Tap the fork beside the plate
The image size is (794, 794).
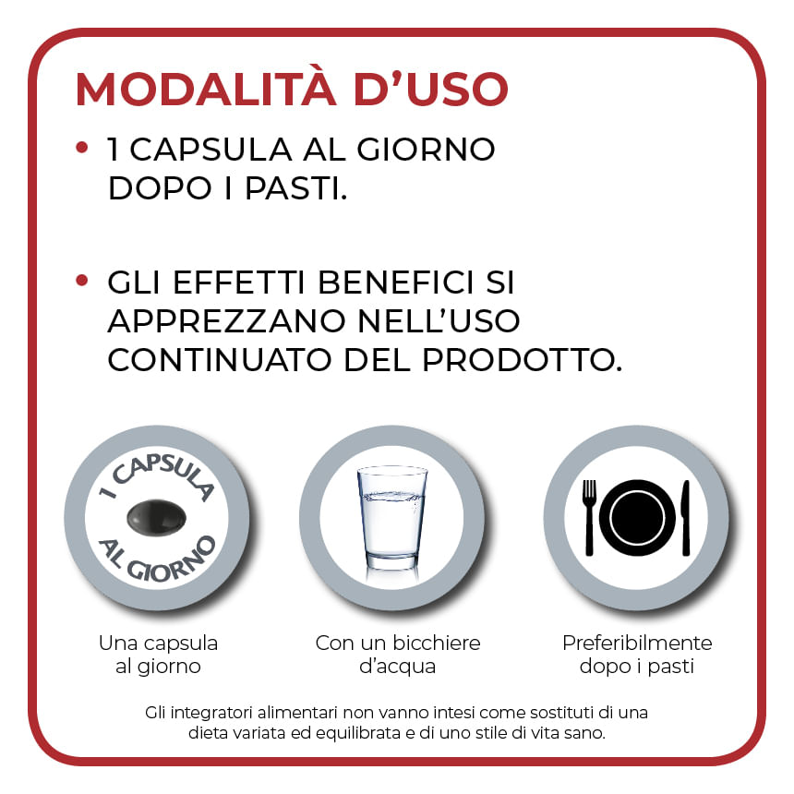(x=589, y=517)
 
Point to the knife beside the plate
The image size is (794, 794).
(x=686, y=517)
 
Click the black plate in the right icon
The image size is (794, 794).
(x=637, y=518)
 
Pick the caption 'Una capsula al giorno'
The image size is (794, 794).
(x=158, y=654)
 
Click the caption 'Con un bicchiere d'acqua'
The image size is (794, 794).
(x=398, y=654)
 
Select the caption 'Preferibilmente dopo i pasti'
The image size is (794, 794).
(x=637, y=654)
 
